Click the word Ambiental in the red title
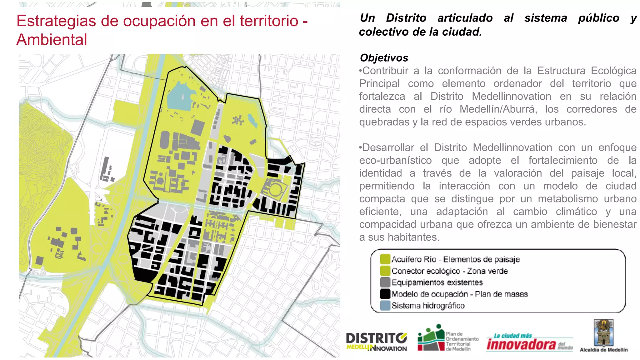(52, 40)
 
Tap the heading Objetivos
(384, 58)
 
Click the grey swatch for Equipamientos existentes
(385, 282)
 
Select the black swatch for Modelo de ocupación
(385, 294)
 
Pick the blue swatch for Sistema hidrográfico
(385, 305)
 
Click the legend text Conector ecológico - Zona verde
(449, 271)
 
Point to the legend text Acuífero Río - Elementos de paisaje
(455, 259)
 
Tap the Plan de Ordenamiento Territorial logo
(448, 338)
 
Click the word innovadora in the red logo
(521, 344)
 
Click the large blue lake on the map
(180, 95)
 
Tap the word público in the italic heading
(598, 18)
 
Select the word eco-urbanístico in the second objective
(395, 160)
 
